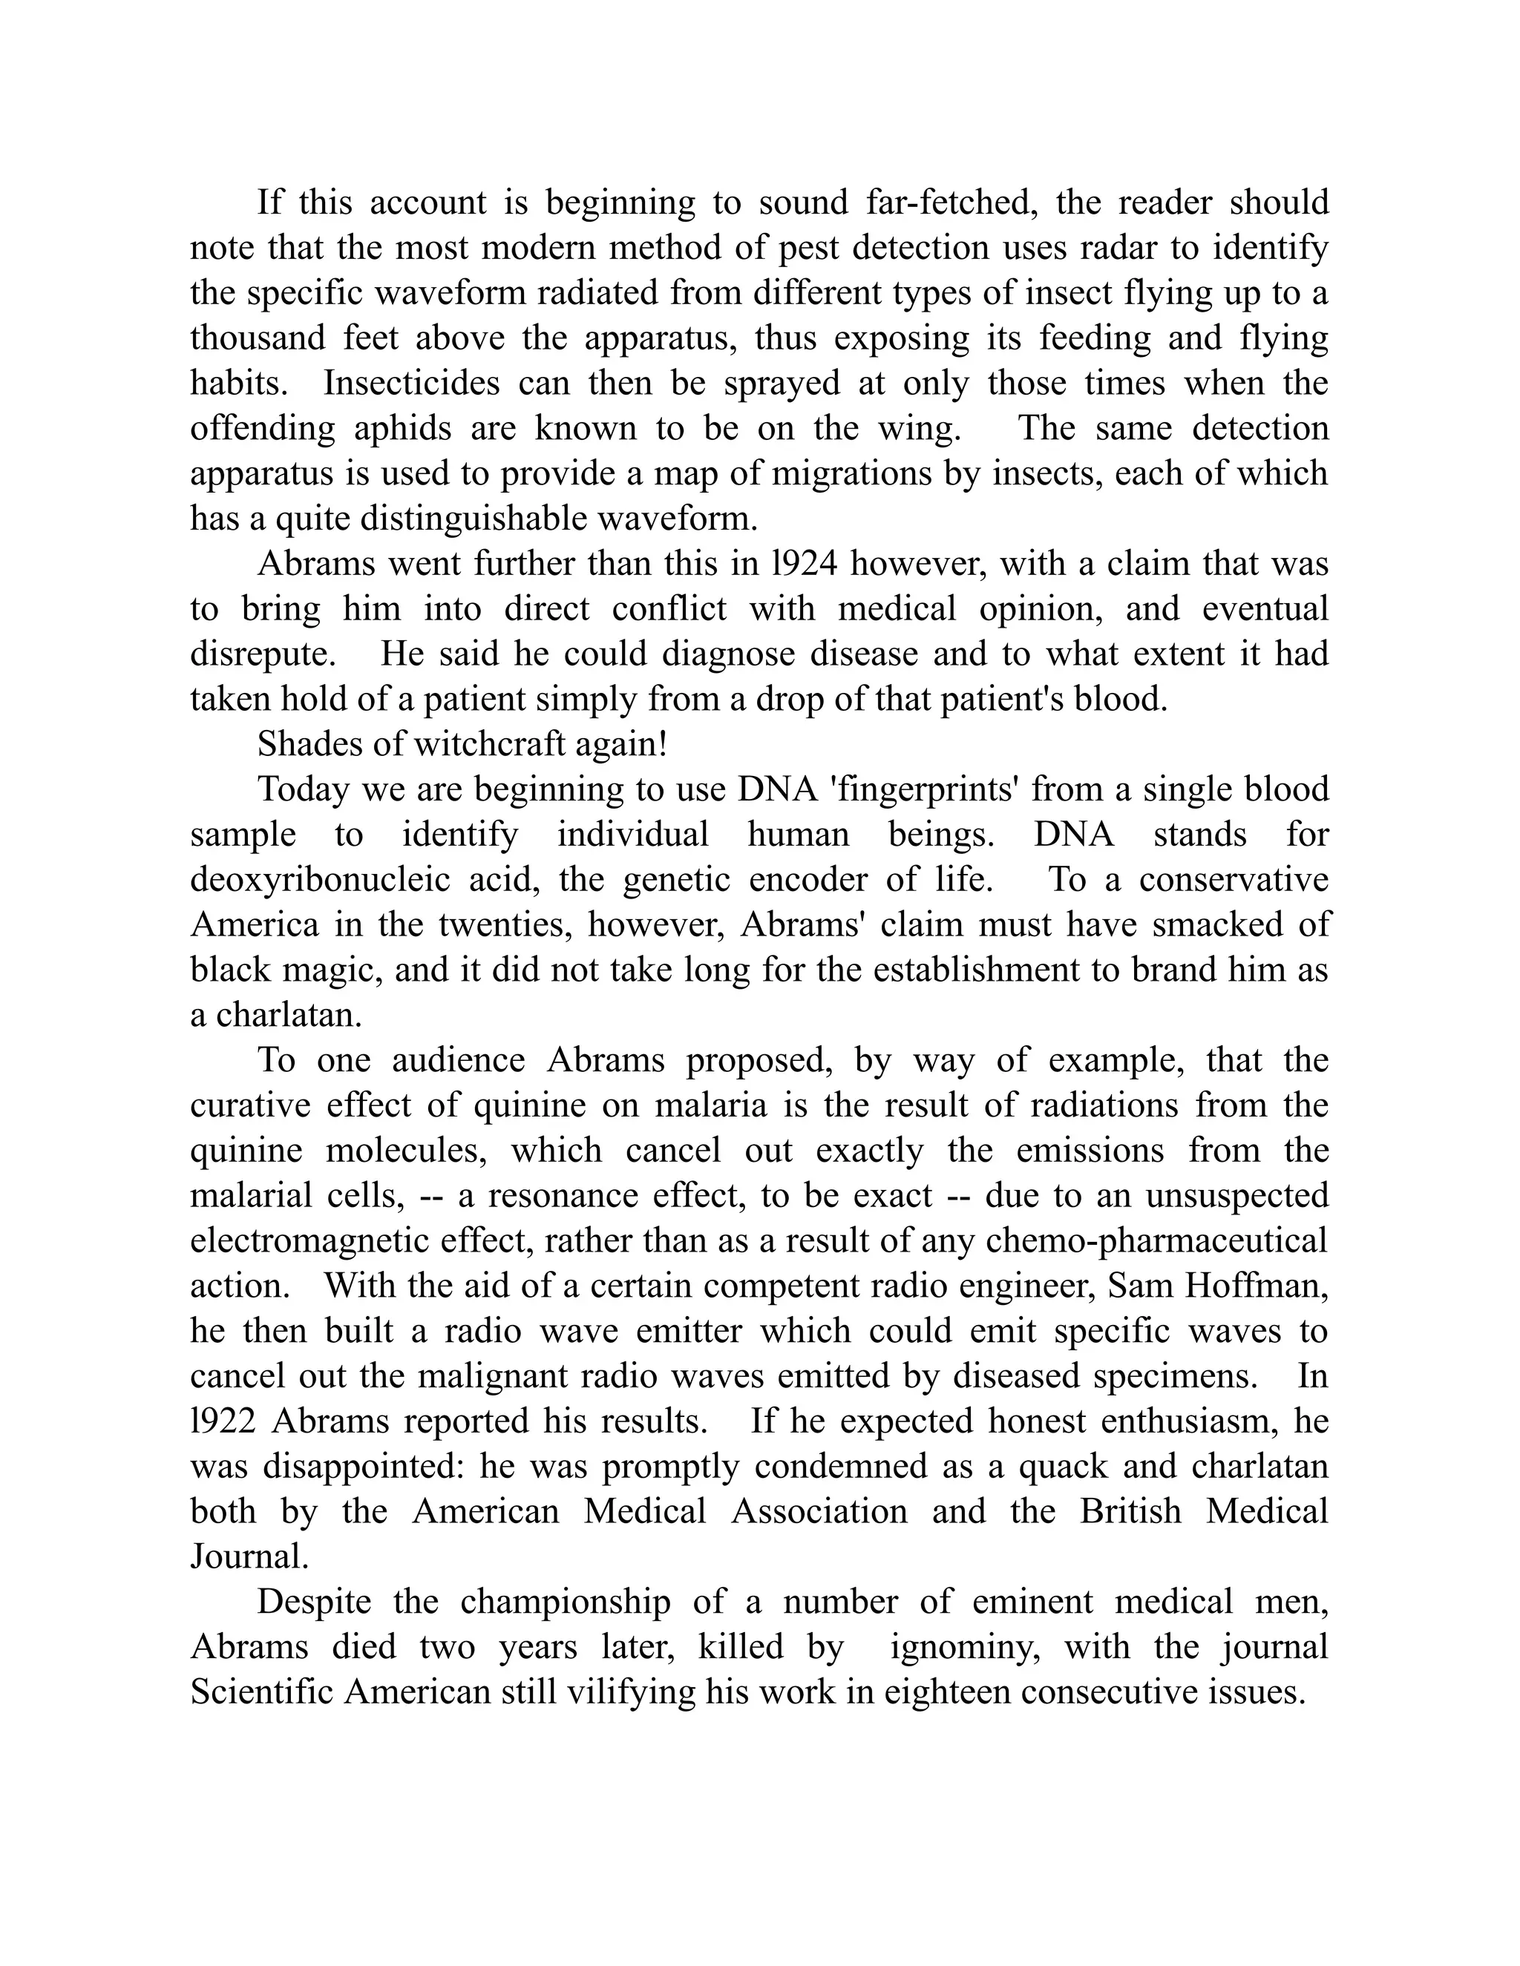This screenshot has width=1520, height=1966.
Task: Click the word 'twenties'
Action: [494, 925]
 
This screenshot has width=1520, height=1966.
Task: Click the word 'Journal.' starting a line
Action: [249, 1557]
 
